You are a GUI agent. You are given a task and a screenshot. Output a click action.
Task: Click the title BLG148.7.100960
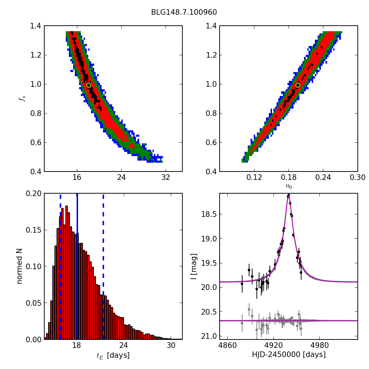(x=184, y=12)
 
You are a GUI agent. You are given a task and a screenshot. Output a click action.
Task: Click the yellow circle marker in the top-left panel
(x=89, y=85)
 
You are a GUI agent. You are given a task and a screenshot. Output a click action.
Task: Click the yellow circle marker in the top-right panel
(x=298, y=85)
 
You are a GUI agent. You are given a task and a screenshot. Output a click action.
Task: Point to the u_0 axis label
(x=289, y=186)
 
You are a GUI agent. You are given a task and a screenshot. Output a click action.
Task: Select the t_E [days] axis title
(x=113, y=355)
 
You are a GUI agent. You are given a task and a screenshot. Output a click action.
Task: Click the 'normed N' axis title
(x=20, y=266)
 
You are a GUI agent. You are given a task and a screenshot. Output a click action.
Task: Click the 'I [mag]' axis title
(x=194, y=266)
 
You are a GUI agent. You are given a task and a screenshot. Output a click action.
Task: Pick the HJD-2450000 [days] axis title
(x=289, y=355)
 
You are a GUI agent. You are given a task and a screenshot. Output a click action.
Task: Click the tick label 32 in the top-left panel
(x=166, y=177)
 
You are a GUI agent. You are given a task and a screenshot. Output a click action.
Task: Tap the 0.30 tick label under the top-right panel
(x=357, y=177)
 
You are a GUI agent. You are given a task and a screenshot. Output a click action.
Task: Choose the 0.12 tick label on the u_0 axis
(x=254, y=177)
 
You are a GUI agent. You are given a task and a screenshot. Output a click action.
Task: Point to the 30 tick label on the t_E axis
(x=171, y=345)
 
